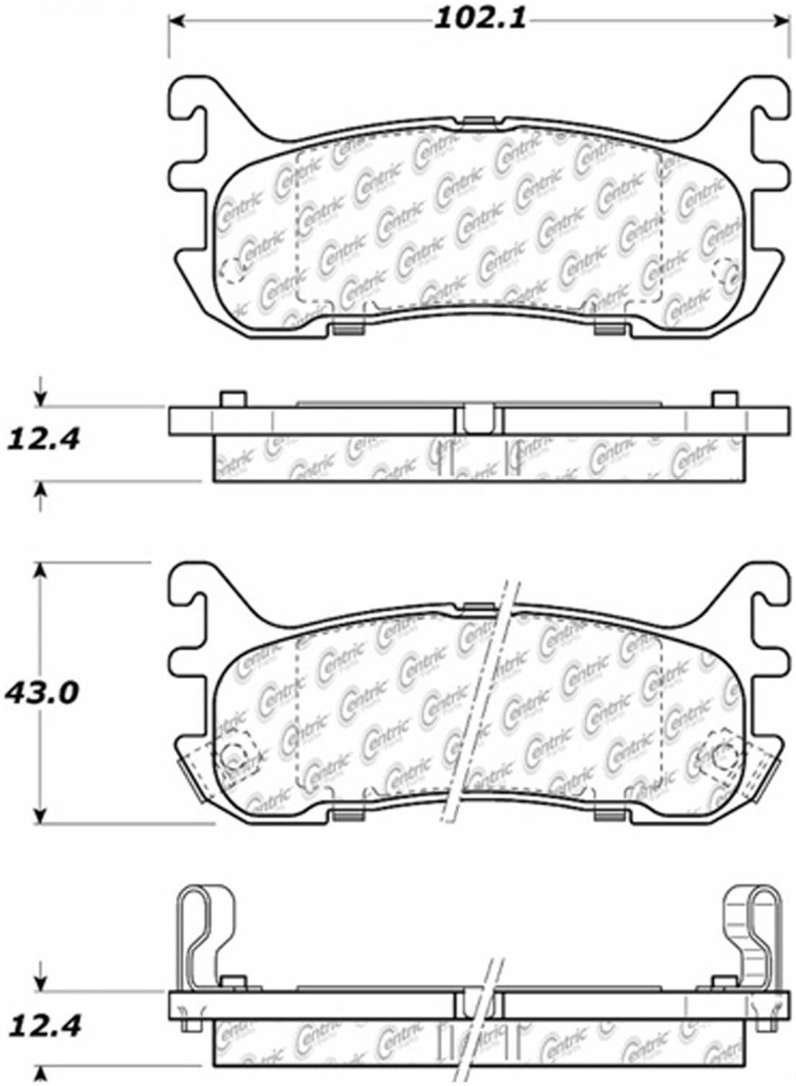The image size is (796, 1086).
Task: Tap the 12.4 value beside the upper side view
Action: (43, 438)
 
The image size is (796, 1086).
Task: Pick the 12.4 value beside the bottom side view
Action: (43, 1025)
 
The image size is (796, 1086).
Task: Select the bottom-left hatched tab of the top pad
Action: (348, 330)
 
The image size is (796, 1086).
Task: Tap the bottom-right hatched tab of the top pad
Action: (609, 330)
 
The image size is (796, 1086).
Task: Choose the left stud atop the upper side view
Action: (232, 400)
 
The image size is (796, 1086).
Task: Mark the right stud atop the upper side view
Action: (724, 400)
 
